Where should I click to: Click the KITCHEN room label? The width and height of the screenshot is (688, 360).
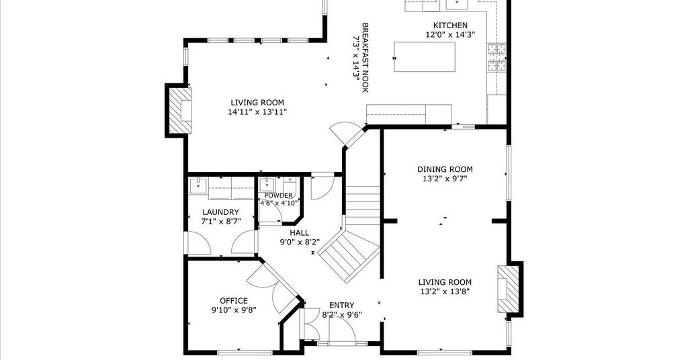coord(450,26)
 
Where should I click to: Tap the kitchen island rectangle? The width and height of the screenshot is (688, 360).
coord(425,57)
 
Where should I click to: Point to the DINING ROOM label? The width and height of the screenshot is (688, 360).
coord(445,169)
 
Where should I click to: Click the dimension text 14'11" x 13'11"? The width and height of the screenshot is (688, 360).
coord(257,112)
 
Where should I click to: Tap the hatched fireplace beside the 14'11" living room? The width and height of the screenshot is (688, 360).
coord(180,110)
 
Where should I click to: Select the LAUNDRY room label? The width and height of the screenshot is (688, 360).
coord(220,212)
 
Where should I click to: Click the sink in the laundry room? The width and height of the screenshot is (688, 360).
coord(198,185)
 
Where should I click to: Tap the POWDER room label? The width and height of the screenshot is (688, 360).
coord(279,195)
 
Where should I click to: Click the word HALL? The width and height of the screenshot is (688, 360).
coord(299,233)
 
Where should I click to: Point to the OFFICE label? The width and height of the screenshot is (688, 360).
coord(234,301)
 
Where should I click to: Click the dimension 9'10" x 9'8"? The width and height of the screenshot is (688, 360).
coord(234,310)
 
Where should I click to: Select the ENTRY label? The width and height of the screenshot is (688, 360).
coord(342,305)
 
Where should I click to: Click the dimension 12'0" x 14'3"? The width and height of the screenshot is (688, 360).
coord(451,35)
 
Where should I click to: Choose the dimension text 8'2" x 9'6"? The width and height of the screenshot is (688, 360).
coord(342,314)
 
